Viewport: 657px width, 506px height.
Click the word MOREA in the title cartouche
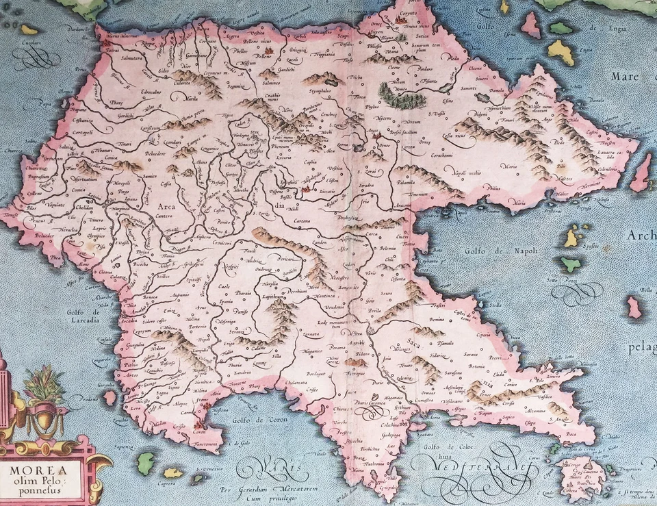[x=38, y=472]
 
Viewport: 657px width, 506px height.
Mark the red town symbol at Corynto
[x=400, y=20]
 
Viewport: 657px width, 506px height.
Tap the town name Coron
[x=199, y=433]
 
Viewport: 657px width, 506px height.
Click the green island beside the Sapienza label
[x=145, y=462]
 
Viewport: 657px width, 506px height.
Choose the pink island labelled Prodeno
[x=109, y=397]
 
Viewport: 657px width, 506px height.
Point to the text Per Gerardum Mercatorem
[x=273, y=490]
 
